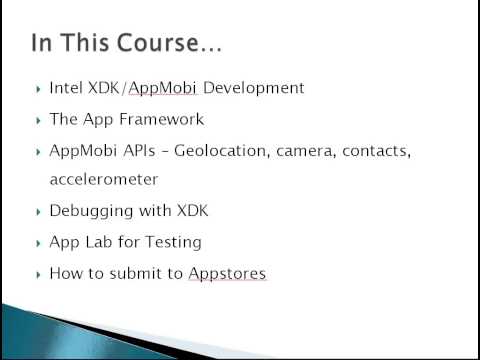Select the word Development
[255, 88]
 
